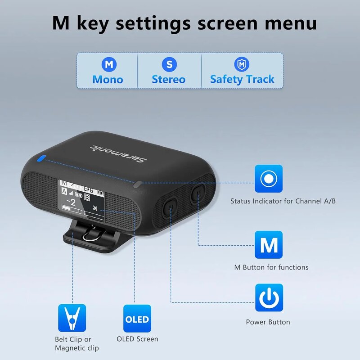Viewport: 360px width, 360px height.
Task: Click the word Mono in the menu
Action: tap(108, 80)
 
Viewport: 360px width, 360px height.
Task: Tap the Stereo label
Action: tap(168, 80)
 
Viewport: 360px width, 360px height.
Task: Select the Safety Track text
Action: tap(242, 80)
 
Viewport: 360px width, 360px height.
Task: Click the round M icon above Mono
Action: tap(108, 64)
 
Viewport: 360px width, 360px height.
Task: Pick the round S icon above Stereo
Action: tap(169, 64)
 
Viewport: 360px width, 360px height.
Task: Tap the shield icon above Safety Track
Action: tap(242, 64)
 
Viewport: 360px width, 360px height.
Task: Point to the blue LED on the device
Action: tap(42, 158)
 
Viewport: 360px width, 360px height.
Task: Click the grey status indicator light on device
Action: tap(138, 183)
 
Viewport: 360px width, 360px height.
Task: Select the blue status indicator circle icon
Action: tap(269, 179)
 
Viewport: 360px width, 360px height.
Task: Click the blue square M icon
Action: tap(269, 245)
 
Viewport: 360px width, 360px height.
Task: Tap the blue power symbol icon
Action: tap(269, 298)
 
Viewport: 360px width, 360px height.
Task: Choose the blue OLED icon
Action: tap(137, 319)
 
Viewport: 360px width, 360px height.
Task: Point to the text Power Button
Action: tap(268, 322)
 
